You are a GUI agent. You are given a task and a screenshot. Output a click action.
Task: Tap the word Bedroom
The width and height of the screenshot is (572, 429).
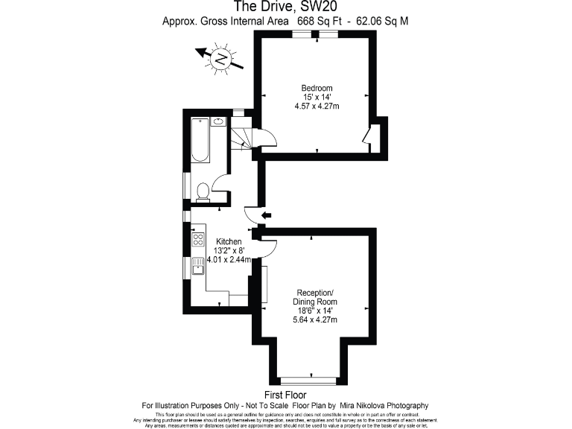[x=317, y=89]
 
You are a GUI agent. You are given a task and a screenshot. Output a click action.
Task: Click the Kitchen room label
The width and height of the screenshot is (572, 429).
[x=229, y=242]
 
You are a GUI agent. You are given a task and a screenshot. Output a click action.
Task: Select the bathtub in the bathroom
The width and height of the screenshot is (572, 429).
[x=200, y=140]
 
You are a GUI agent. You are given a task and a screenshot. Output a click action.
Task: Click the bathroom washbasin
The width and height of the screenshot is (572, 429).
[x=219, y=121]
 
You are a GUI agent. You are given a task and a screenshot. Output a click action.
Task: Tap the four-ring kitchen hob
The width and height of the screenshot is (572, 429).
[x=198, y=240]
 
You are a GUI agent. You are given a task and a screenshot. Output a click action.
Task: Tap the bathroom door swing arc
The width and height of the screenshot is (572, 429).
[x=220, y=188]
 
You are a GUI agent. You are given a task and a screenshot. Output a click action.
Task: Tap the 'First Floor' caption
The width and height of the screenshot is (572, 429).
[x=285, y=394]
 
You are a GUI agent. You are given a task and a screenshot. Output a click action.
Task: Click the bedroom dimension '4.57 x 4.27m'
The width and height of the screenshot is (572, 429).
[x=317, y=107]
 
